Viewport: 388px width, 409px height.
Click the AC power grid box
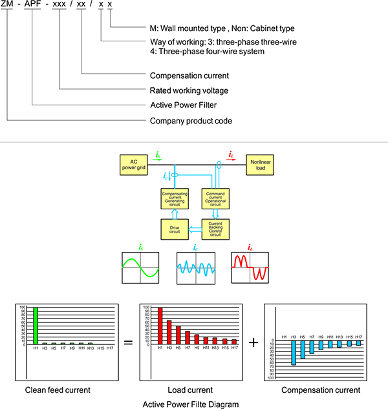point(131,164)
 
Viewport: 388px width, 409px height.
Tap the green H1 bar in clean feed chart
point(36,326)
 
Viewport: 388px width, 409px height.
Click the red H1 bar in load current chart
point(160,326)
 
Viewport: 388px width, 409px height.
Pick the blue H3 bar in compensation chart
point(293,353)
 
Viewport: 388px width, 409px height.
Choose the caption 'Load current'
point(190,390)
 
